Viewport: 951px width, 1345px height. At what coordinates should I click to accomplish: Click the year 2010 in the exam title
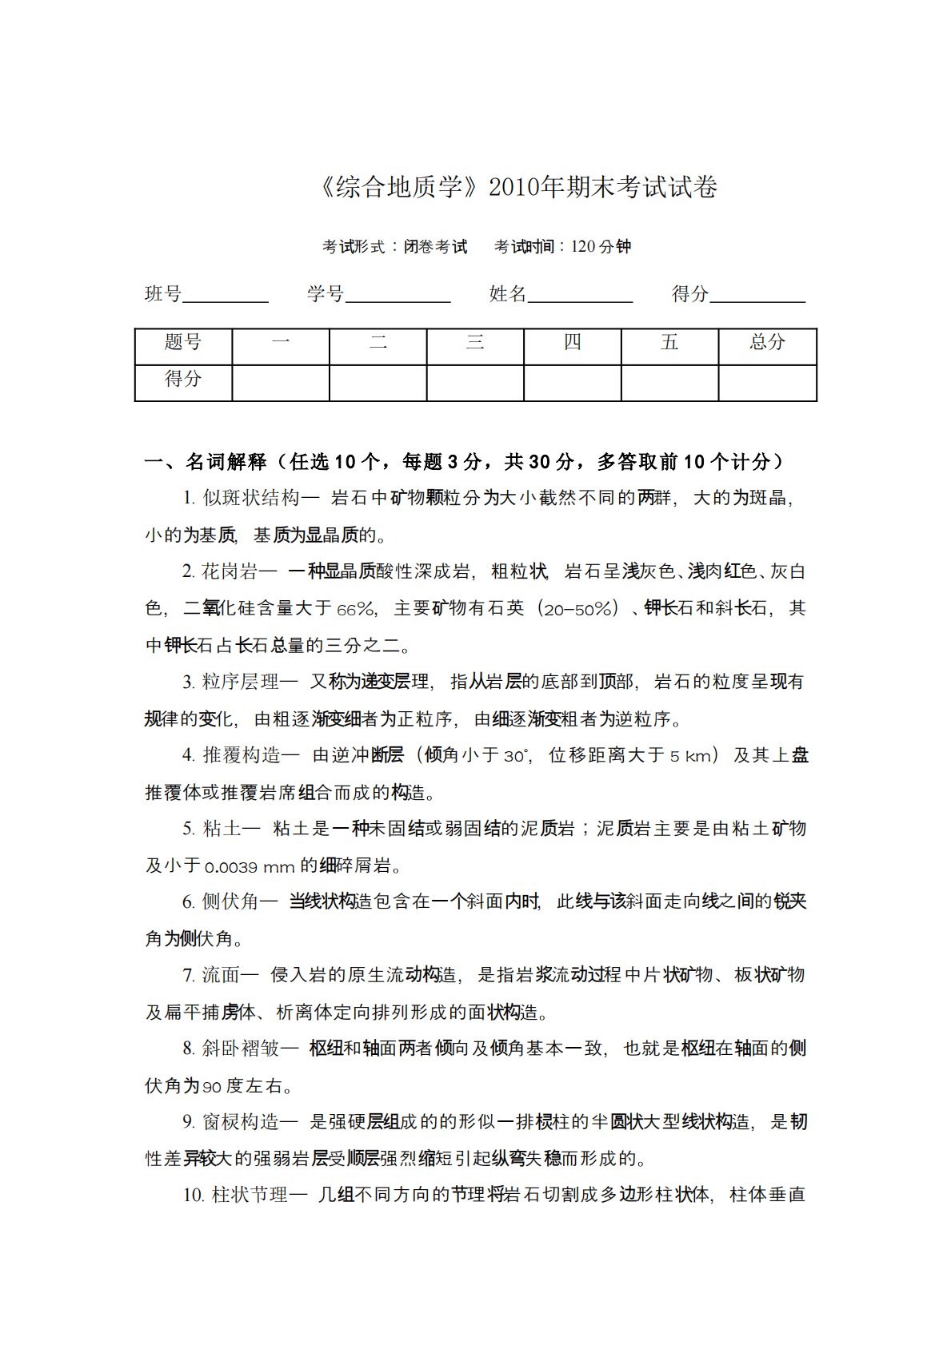(x=513, y=188)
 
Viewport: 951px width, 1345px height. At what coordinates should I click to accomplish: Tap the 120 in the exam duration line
(x=583, y=247)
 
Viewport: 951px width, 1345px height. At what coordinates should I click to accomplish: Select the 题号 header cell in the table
(x=183, y=343)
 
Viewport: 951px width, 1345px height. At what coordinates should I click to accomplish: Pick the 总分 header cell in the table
(x=768, y=343)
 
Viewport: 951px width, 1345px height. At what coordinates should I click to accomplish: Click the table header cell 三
(x=475, y=343)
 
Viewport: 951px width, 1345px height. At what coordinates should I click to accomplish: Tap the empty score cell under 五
(x=670, y=383)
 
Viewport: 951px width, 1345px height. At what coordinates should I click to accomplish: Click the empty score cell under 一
(x=281, y=383)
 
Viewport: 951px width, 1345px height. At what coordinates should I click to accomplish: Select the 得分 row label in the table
(x=183, y=379)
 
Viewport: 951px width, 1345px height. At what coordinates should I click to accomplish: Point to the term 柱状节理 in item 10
(x=250, y=1196)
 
